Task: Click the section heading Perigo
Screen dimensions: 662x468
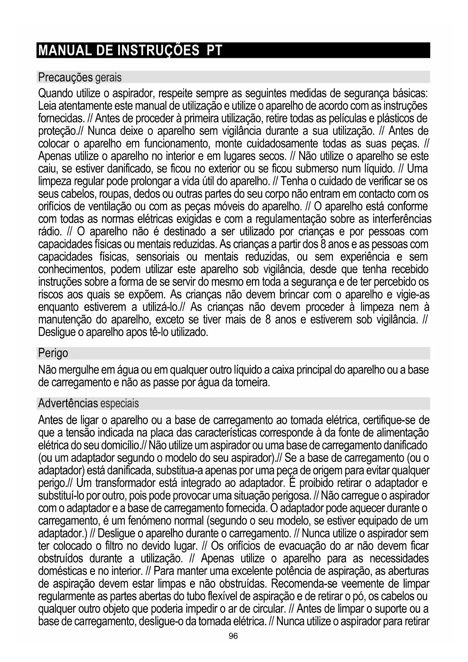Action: point(53,354)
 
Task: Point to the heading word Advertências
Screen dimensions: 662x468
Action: point(68,404)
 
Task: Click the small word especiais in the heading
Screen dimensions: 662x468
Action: point(120,404)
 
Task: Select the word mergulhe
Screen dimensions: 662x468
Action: point(77,370)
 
